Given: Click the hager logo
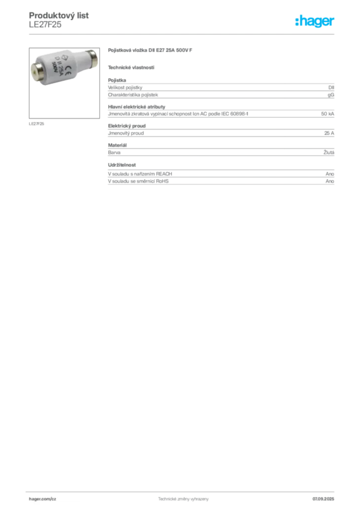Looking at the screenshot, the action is pyautogui.click(x=315, y=21).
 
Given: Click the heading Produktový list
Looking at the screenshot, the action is pyautogui.click(x=59, y=15).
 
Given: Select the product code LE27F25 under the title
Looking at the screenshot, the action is pyautogui.click(x=45, y=25).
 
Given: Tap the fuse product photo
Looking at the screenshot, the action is pyautogui.click(x=64, y=83).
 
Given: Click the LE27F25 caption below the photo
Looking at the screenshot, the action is pyautogui.click(x=36, y=124).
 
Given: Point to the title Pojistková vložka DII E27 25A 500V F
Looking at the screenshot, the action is pyautogui.click(x=150, y=50).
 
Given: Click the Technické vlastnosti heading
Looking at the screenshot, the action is pyautogui.click(x=131, y=68).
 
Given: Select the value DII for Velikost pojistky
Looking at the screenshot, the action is pyautogui.click(x=331, y=87).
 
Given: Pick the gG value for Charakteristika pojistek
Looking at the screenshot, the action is pyautogui.click(x=331, y=95).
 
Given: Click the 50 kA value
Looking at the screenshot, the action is pyautogui.click(x=328, y=114).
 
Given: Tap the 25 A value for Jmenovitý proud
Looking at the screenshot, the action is pyautogui.click(x=329, y=133).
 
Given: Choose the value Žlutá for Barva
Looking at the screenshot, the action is pyautogui.click(x=329, y=152).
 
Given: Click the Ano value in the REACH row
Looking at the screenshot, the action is pyautogui.click(x=330, y=174).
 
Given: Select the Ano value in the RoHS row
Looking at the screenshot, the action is pyautogui.click(x=330, y=181).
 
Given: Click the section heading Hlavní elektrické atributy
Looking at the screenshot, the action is pyautogui.click(x=137, y=107).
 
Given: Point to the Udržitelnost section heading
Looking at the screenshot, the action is pyautogui.click(x=122, y=165).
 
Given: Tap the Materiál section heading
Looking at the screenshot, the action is pyautogui.click(x=117, y=145).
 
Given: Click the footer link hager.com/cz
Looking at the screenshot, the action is pyautogui.click(x=43, y=499).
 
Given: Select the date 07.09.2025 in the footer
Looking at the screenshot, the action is pyautogui.click(x=323, y=499).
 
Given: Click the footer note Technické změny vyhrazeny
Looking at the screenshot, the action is pyautogui.click(x=183, y=499).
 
